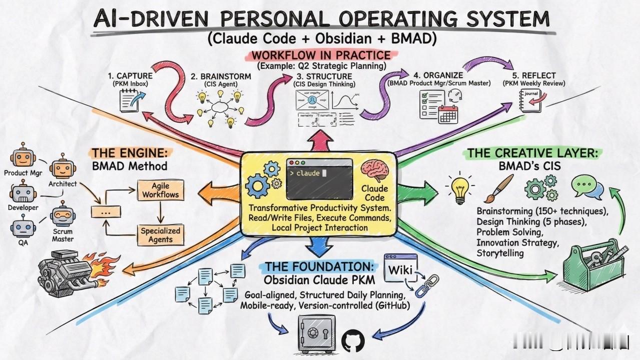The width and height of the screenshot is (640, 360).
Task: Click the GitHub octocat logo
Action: click(x=353, y=341)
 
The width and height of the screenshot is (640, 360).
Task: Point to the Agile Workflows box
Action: click(x=160, y=190)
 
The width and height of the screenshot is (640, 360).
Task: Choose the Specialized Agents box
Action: click(x=160, y=235)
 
